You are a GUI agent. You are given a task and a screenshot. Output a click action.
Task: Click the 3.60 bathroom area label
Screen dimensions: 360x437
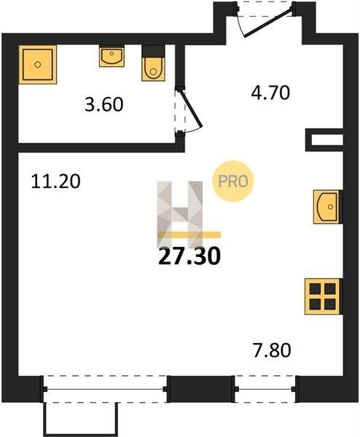click(x=104, y=104)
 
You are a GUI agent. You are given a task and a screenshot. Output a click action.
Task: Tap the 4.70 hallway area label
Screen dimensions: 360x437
click(x=270, y=92)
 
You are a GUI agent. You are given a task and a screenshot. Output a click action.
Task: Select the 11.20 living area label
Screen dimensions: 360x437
click(x=56, y=181)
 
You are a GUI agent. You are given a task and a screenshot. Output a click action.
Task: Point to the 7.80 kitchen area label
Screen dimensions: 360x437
click(x=272, y=350)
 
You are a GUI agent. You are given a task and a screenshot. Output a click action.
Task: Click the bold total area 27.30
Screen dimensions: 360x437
click(x=189, y=256)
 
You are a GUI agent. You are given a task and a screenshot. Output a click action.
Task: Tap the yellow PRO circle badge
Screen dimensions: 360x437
click(x=233, y=181)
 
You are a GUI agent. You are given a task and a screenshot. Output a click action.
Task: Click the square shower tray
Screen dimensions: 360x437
click(x=38, y=64)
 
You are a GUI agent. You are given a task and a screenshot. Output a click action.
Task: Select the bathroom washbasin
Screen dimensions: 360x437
click(x=111, y=56)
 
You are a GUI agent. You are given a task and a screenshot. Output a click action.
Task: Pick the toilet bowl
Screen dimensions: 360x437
click(x=153, y=69)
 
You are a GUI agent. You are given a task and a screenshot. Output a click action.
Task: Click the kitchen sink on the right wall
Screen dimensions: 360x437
click(x=327, y=207)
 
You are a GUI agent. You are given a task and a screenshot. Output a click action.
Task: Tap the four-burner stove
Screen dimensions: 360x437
click(x=323, y=296)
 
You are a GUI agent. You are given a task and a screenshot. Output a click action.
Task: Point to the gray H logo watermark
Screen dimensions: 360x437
click(x=180, y=215)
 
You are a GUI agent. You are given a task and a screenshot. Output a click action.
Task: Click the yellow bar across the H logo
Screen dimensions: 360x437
click(x=189, y=235)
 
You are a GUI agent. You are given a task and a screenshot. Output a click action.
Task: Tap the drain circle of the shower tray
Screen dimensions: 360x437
click(x=38, y=65)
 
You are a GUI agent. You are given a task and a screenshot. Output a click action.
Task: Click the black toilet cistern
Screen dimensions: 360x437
click(x=153, y=51)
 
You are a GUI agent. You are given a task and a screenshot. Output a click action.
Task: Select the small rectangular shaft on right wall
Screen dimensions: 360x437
click(x=324, y=140)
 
